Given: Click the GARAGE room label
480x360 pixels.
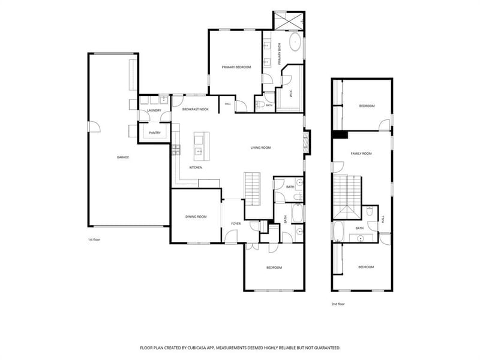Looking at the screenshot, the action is click(x=123, y=157).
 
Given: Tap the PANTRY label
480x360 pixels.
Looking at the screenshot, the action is click(x=155, y=133).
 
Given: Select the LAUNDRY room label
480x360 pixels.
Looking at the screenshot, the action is click(x=154, y=110).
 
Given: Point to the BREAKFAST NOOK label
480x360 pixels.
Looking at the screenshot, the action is click(x=196, y=109).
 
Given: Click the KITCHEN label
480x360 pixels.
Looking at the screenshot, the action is click(x=196, y=167).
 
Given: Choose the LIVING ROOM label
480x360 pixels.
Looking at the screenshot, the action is click(x=260, y=148).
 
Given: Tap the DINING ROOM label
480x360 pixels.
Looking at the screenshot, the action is click(x=196, y=217).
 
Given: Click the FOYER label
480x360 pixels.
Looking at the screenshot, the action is click(x=236, y=224).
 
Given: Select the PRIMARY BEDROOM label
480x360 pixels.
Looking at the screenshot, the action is click(x=236, y=67).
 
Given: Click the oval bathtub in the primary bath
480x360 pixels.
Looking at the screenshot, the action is click(x=295, y=42).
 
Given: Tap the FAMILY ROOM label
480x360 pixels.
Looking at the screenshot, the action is click(x=361, y=154).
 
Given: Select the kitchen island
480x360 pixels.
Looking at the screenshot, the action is click(x=202, y=146).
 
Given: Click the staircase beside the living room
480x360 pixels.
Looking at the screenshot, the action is click(x=252, y=189).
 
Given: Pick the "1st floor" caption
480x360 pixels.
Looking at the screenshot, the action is click(x=94, y=239).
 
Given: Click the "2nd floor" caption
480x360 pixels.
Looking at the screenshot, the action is click(x=338, y=304).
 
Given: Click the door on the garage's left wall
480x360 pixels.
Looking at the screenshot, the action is click(x=94, y=127).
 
